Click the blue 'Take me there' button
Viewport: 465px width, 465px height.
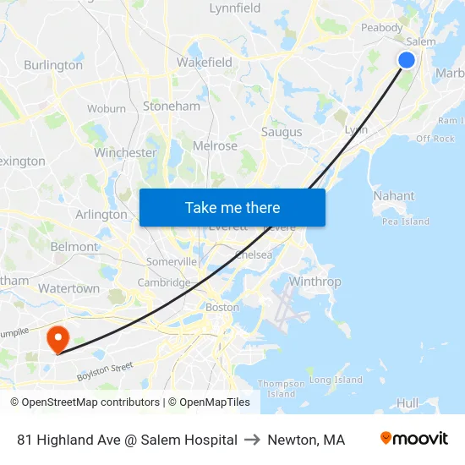[x=232, y=207]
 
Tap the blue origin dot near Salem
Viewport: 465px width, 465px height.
[x=407, y=59]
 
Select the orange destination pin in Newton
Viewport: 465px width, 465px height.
[x=57, y=340]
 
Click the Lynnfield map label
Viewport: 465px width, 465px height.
[x=234, y=8]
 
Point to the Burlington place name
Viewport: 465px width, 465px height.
[x=53, y=65]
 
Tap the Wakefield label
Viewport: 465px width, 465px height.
[x=205, y=62]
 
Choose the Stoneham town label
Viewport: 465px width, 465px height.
[x=172, y=107]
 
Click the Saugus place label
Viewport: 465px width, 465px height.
[x=282, y=132]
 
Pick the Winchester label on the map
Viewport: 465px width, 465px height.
[x=125, y=153]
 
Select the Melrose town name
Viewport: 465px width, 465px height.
[x=215, y=145]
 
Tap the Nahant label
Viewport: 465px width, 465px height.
[x=394, y=195]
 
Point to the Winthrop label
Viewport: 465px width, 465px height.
[x=315, y=282]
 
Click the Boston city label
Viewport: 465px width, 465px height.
[x=222, y=307]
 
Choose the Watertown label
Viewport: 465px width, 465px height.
[x=68, y=288]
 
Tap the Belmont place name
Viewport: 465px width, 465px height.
[x=74, y=247]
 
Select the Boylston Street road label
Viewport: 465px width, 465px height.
[x=106, y=370]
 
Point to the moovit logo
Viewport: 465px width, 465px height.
[x=414, y=439]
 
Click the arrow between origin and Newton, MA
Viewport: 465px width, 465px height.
[x=253, y=440]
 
